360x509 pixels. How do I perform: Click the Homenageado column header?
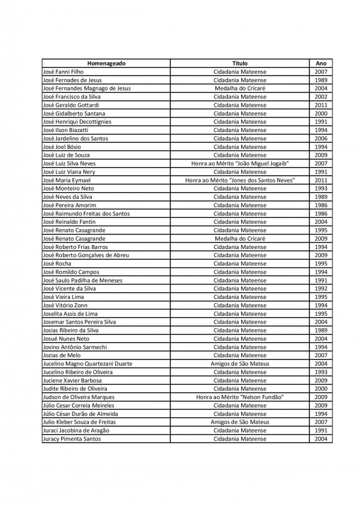point(106,63)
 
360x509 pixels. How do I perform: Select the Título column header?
point(240,63)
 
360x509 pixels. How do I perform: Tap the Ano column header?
point(321,63)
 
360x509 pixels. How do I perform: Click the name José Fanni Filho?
point(64,71)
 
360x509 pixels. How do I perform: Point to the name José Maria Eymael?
point(67,180)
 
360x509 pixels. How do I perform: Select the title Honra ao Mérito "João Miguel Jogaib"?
point(240,163)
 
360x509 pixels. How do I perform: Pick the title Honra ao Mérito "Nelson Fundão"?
point(240,397)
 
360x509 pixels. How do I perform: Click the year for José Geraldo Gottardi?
point(321,105)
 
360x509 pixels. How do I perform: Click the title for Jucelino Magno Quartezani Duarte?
point(240,364)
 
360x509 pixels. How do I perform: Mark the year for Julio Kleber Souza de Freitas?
point(321,422)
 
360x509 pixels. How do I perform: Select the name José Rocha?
point(58,264)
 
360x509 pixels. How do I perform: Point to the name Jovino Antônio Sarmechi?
point(75,347)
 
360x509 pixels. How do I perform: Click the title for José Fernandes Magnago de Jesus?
point(240,88)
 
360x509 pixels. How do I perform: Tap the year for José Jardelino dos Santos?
point(321,138)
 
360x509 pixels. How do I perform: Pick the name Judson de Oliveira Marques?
point(79,397)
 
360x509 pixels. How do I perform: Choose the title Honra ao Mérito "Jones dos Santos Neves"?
point(240,180)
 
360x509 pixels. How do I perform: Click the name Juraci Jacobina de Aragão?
point(76,430)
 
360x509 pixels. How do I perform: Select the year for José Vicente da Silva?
point(321,288)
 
